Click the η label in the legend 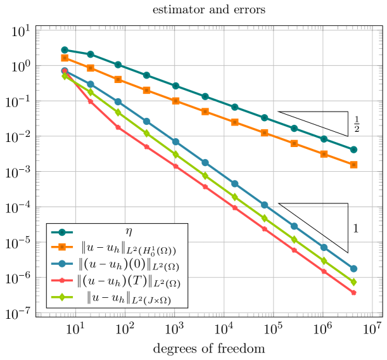[129, 232]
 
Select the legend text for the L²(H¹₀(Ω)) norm [129, 249]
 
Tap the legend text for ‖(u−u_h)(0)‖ [129, 265]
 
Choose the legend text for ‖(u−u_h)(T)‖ [129, 281]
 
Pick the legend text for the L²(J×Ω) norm [129, 297]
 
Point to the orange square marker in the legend [61, 248]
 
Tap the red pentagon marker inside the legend [61, 281]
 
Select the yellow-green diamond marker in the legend [61, 297]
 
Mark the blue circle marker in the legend [61, 265]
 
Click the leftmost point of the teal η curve [65, 50]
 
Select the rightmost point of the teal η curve [353, 150]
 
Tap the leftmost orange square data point [65, 58]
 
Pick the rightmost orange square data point [353, 165]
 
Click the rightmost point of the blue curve [353, 269]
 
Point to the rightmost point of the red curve [353, 293]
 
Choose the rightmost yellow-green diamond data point [353, 282]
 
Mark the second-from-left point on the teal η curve [91, 55]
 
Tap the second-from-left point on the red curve [91, 101]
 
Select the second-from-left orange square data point [91, 68]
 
